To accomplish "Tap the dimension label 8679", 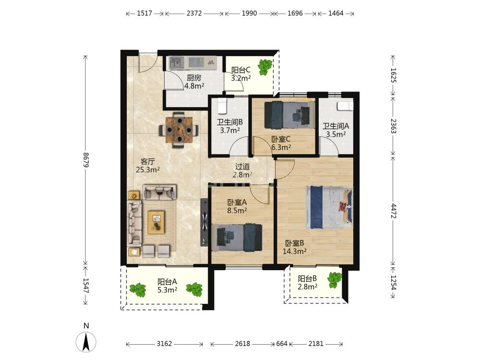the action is (x=86, y=160).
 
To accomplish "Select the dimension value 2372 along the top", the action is (x=194, y=13).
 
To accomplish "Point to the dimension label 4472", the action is (x=394, y=211).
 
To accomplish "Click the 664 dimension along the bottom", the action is (x=282, y=344).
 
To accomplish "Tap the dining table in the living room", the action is (x=179, y=130).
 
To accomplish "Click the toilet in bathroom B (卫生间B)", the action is (x=222, y=105).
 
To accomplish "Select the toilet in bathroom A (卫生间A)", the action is (x=345, y=106).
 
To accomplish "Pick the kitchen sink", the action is (x=177, y=62).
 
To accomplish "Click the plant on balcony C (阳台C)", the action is (x=264, y=67).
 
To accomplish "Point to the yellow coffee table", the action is (x=156, y=222).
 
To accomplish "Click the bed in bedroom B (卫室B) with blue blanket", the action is (x=329, y=207).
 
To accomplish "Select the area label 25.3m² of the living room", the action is (x=148, y=169).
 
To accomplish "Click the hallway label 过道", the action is (x=242, y=167).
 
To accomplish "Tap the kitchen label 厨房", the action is (x=194, y=78).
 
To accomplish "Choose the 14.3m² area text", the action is (x=295, y=252).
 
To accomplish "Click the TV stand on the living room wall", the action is (x=204, y=222).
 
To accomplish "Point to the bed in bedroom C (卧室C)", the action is (x=289, y=115).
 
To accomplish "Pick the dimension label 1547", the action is (x=86, y=285).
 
